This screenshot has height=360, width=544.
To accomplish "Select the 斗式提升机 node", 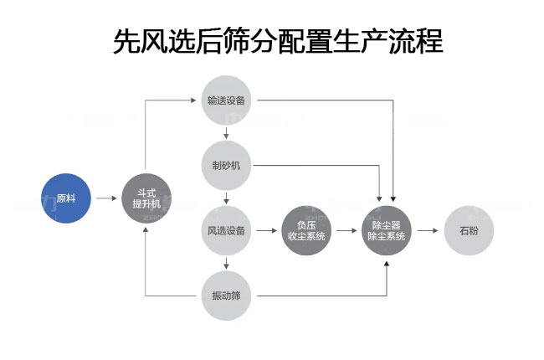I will point(146,199).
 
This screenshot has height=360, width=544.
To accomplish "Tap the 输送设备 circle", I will point(226,100).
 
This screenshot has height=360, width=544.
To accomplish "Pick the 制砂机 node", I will point(226,165).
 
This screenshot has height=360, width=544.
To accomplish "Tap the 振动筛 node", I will point(226,296).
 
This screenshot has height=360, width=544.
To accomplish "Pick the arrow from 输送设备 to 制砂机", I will point(226,132).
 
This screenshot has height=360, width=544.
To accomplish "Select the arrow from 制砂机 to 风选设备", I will point(226,198).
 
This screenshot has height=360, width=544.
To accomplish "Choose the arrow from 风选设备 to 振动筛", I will point(226,263).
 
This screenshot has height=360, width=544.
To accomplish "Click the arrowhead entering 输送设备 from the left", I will point(198,100).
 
